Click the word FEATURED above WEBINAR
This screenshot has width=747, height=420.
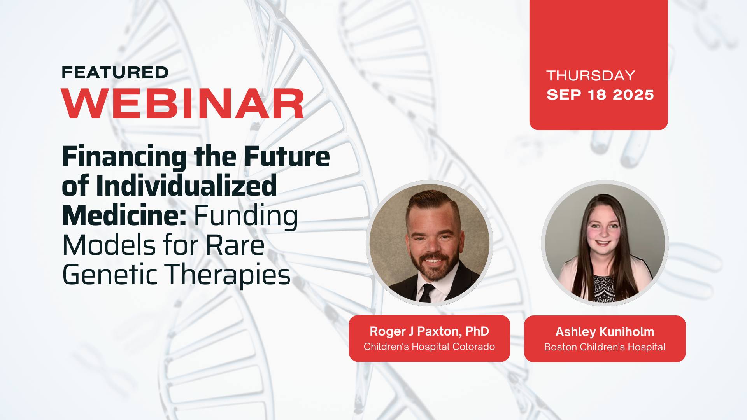[115, 72]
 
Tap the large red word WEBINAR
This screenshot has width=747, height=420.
[183, 103]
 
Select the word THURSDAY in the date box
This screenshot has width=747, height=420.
[591, 75]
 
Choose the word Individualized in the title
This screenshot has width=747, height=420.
[186, 186]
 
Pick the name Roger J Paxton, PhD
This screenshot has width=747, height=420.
[429, 331]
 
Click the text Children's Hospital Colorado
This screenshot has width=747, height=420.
[429, 346]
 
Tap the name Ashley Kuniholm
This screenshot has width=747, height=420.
[605, 332]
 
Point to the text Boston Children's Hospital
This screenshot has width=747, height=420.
[605, 347]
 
